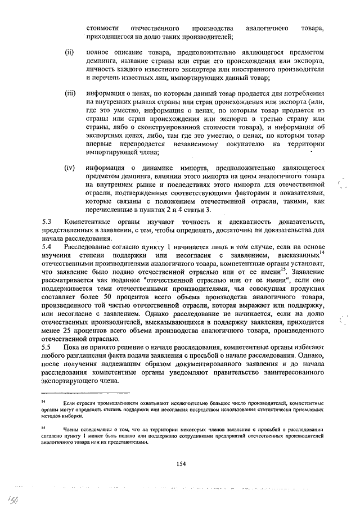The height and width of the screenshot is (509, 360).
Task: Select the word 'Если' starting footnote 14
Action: click(70, 403)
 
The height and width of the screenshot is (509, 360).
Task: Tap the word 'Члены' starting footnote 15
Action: click(72, 429)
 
